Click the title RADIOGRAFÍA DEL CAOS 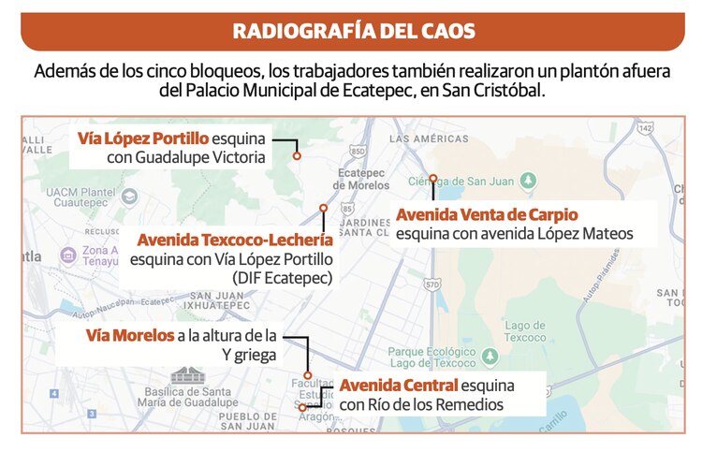point(353,30)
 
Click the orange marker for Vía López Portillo point(297,156)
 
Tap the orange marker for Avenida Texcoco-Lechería point(323,208)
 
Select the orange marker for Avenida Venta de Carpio point(432,177)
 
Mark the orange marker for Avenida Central point(302,407)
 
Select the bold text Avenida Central point(398,386)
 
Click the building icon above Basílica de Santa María point(183,374)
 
